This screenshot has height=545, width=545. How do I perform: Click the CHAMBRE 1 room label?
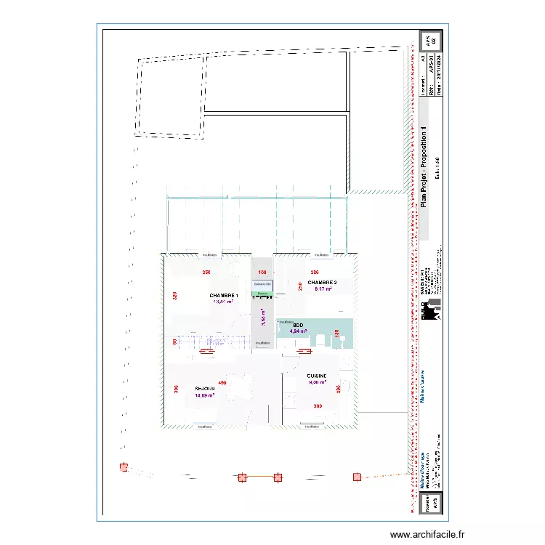(x=224, y=296)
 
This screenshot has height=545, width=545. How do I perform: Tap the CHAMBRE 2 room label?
(x=322, y=282)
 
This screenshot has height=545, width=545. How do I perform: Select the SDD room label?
(x=298, y=325)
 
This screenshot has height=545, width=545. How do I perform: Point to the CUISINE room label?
(x=317, y=376)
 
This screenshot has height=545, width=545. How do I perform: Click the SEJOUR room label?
(x=204, y=389)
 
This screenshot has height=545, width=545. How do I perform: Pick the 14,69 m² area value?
(x=205, y=396)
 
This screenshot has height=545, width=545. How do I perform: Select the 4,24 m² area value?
(x=298, y=331)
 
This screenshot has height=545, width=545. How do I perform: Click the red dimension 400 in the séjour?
(x=222, y=383)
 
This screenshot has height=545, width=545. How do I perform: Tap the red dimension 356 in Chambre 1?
(x=206, y=272)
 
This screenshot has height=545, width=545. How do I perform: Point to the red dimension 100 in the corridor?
(x=262, y=272)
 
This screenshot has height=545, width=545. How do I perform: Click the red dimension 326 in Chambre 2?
(x=315, y=272)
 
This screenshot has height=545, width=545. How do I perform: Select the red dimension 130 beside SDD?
(x=337, y=334)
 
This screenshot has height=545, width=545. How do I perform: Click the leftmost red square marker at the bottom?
(x=124, y=467)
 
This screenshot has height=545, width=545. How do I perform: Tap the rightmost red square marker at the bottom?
(x=357, y=477)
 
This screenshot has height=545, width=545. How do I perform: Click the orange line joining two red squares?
(x=259, y=477)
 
